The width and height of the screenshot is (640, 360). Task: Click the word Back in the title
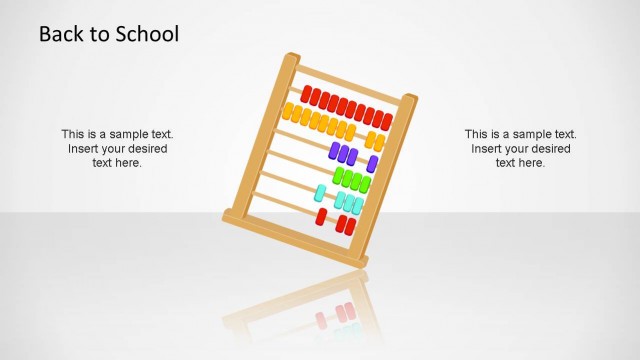(59, 34)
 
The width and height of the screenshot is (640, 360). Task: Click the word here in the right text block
(531, 162)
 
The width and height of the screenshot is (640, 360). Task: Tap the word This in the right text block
(477, 134)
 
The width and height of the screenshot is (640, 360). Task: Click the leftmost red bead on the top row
(307, 96)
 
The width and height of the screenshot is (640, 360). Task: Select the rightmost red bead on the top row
(387, 121)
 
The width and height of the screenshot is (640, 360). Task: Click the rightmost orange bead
(379, 143)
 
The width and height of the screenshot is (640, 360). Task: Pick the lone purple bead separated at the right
(373, 163)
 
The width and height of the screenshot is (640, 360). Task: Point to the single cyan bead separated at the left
(321, 192)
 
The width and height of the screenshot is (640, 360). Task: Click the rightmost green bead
(365, 184)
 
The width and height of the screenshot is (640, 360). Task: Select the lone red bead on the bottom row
(321, 216)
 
